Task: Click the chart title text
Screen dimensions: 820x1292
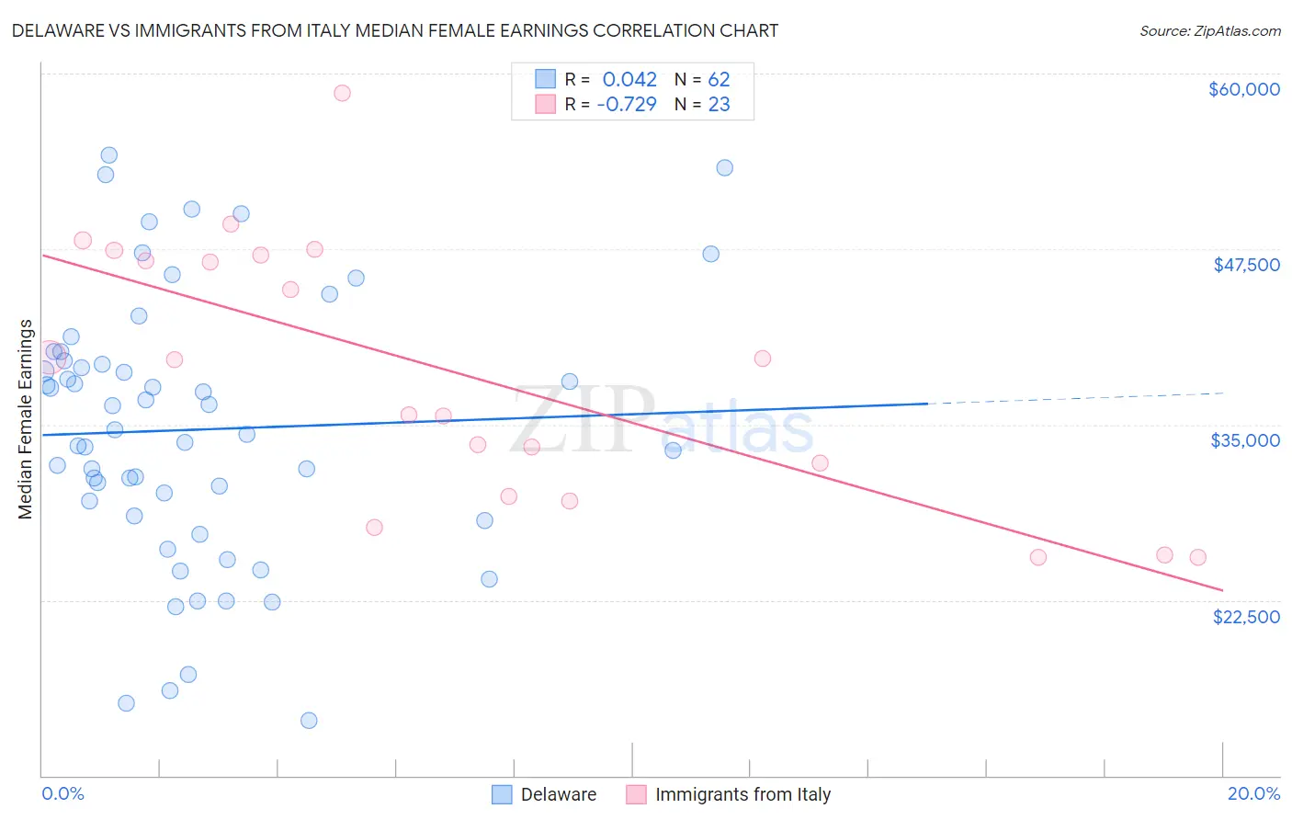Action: pos(395,30)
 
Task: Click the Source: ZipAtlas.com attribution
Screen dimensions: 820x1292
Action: pos(1209,30)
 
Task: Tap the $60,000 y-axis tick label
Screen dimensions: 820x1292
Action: pos(1243,89)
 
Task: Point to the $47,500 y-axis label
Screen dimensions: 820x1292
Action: pos(1246,265)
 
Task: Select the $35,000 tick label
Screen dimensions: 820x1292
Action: pos(1244,440)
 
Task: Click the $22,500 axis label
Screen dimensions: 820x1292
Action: pos(1245,617)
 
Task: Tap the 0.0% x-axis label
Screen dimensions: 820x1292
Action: pos(62,793)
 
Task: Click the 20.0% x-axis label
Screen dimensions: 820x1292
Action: pos(1253,793)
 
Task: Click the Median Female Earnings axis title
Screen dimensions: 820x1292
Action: pos(26,419)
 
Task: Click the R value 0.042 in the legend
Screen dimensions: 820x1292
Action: pos(629,80)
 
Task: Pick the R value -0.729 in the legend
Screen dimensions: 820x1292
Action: pos(627,104)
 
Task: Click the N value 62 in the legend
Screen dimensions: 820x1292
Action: pos(719,80)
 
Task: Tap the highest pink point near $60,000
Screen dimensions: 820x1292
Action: pos(342,93)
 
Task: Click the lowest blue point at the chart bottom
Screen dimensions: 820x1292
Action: pos(309,720)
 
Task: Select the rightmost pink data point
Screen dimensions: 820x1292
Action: pos(1197,557)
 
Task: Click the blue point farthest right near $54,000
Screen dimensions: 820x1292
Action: pos(724,167)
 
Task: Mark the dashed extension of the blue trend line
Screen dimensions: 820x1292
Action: pos(1075,398)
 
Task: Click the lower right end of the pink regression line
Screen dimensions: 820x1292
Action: pos(1220,588)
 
